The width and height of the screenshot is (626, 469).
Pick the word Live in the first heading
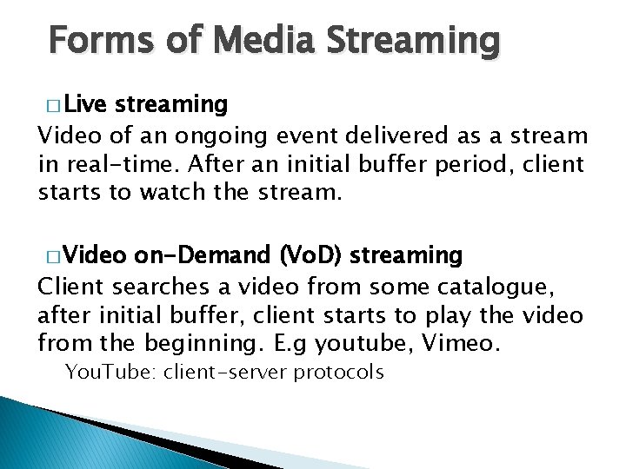pyautogui.click(x=85, y=105)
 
